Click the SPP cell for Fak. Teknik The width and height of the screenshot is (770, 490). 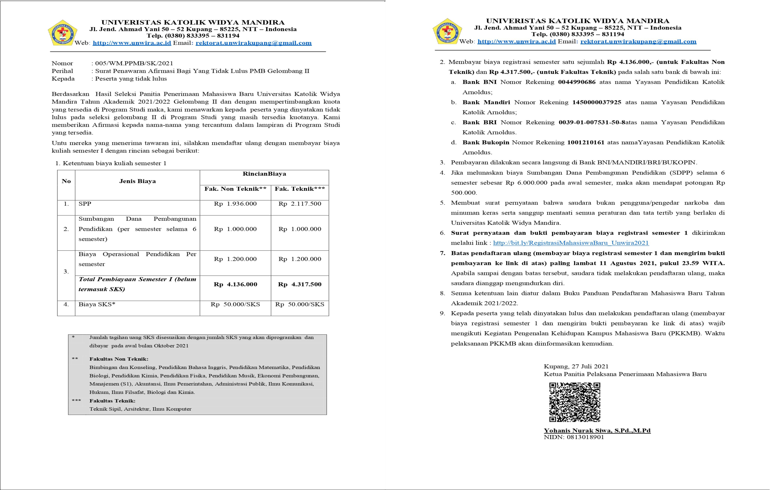click(x=300, y=204)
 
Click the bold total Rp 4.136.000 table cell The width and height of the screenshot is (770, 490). click(x=235, y=284)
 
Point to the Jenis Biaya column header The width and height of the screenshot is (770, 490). click(x=138, y=181)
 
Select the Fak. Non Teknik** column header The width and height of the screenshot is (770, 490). click(x=235, y=189)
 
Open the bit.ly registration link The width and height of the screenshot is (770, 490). click(x=571, y=243)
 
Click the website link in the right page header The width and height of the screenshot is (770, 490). click(x=516, y=42)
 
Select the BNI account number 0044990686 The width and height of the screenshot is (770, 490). click(x=577, y=82)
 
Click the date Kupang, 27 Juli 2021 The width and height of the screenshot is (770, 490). click(x=576, y=366)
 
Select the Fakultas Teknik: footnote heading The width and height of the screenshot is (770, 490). click(x=112, y=401)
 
